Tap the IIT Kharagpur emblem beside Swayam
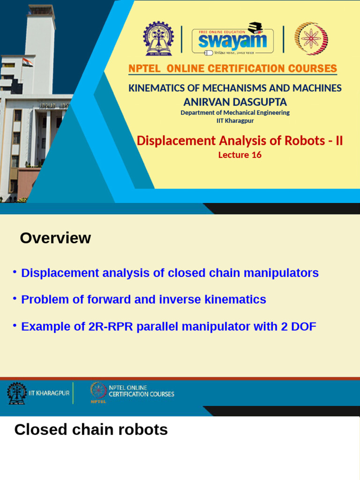point(160,39)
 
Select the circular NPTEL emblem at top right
point(311,39)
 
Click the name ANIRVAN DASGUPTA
point(235,102)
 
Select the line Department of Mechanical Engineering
point(235,112)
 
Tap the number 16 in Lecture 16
point(256,155)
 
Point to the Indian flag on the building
point(27,62)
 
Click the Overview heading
point(55,238)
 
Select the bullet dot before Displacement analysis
point(15,272)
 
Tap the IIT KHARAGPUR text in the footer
point(49,393)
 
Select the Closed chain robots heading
point(91,429)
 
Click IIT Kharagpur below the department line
point(235,121)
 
